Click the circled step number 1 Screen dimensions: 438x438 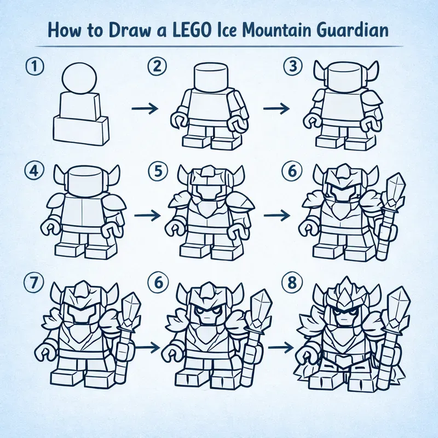33,67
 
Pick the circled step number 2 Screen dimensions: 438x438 157,67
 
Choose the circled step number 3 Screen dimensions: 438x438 290,67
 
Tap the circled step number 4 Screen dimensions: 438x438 33,171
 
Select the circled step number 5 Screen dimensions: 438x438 157,171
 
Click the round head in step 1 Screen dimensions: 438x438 79,78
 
